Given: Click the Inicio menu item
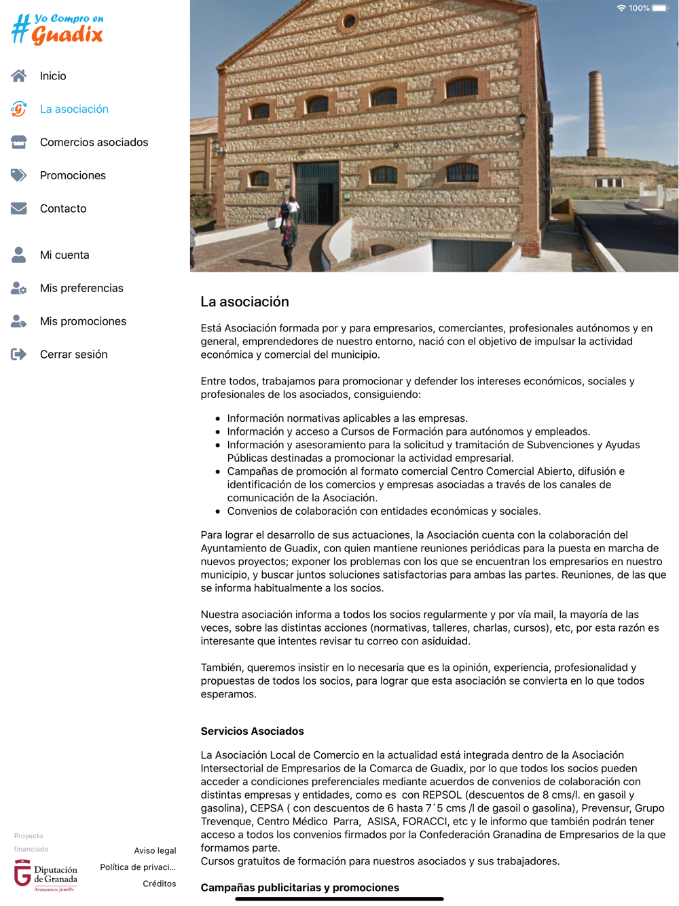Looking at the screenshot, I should [x=53, y=76].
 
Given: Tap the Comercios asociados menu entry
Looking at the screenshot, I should [x=94, y=143].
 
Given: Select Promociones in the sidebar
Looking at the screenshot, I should [x=73, y=176].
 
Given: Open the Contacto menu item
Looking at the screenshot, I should [x=63, y=209].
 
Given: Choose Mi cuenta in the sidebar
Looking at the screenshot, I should [x=65, y=255].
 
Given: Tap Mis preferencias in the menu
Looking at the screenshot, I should [x=81, y=289].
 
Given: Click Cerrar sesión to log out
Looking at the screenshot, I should [x=73, y=355].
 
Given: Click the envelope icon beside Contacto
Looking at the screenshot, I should [x=19, y=209].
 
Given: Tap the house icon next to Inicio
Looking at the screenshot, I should [x=19, y=76].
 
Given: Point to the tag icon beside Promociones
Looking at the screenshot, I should [x=19, y=175].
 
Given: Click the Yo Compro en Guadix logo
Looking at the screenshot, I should [x=58, y=29].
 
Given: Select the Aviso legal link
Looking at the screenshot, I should [x=155, y=851].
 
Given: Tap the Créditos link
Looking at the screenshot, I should [x=159, y=884].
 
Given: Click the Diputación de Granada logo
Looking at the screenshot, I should [x=46, y=875].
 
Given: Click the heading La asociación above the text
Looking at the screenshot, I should [x=244, y=302].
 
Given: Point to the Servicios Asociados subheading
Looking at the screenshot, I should [x=252, y=731].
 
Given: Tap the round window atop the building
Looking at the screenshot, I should [x=349, y=21].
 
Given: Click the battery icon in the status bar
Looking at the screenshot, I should [x=660, y=8].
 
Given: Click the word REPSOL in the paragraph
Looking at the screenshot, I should [x=443, y=795].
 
